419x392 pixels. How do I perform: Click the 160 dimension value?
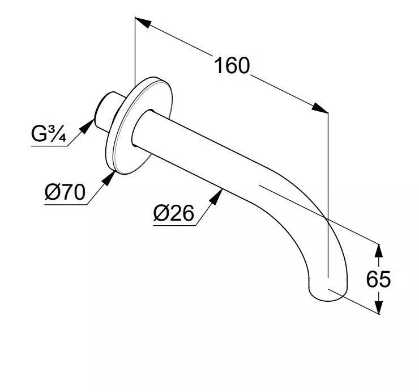click(232, 66)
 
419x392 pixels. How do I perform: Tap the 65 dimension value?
click(378, 279)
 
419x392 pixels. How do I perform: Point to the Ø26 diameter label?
click(173, 214)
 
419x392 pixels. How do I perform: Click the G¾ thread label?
click(49, 135)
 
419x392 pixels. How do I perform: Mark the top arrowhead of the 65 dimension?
click(379, 250)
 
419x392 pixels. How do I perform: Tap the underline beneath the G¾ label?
click(48, 147)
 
